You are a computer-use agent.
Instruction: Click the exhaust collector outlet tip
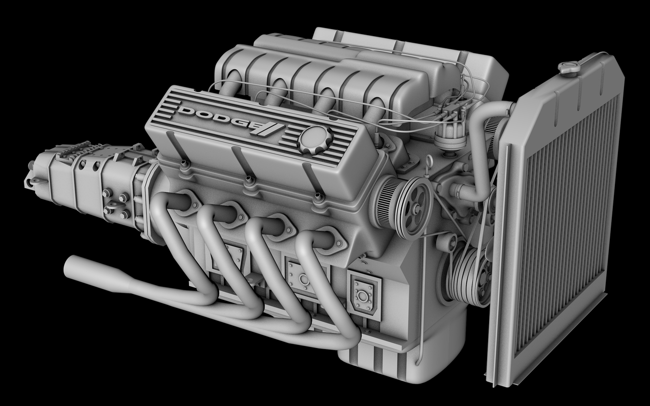click(x=76, y=265)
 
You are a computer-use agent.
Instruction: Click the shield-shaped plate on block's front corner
click(x=365, y=294)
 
